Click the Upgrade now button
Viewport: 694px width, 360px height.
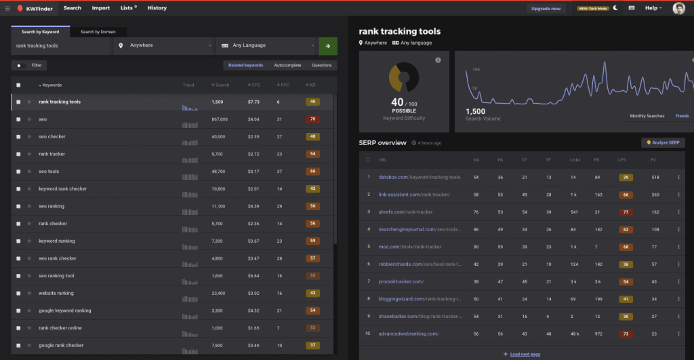(546, 8)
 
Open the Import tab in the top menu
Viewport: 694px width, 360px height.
(101, 8)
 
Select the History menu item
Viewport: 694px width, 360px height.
(157, 8)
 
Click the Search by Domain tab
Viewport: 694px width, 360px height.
(98, 32)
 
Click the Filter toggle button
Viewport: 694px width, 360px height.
(29, 65)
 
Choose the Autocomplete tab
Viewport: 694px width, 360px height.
(287, 65)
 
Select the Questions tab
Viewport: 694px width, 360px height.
(321, 65)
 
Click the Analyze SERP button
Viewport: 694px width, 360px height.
(663, 142)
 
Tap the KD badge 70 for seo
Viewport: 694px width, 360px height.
(312, 119)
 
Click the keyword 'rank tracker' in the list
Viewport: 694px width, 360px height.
(52, 154)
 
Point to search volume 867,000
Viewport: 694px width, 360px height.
(220, 119)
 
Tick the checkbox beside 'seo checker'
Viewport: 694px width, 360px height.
(18, 137)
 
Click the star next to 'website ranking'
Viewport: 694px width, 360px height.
(29, 293)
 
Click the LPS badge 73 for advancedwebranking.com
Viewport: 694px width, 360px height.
(626, 334)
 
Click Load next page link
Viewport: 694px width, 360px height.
(522, 354)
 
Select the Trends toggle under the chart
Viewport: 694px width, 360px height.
(681, 116)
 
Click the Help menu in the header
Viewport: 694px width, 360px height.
(653, 8)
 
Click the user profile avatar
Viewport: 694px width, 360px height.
(678, 8)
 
